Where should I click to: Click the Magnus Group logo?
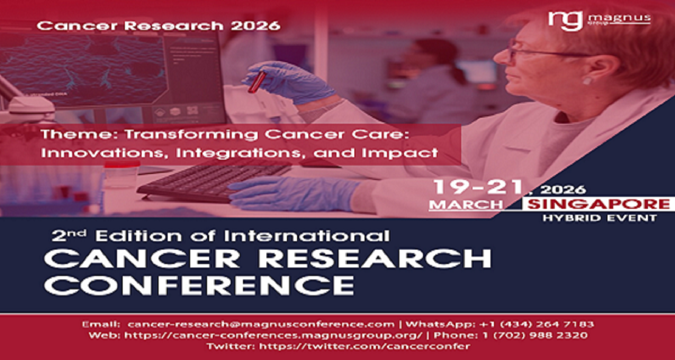(599, 20)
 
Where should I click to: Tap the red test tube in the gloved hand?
(257, 82)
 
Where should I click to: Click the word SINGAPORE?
(599, 204)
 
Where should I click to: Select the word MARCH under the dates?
(466, 205)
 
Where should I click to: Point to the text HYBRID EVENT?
(600, 218)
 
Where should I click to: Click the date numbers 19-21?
(478, 187)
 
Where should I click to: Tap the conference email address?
(261, 324)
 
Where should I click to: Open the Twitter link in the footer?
(365, 346)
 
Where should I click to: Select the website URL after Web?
(273, 335)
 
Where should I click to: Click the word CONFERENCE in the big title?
(199, 285)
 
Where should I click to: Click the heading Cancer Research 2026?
(159, 26)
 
